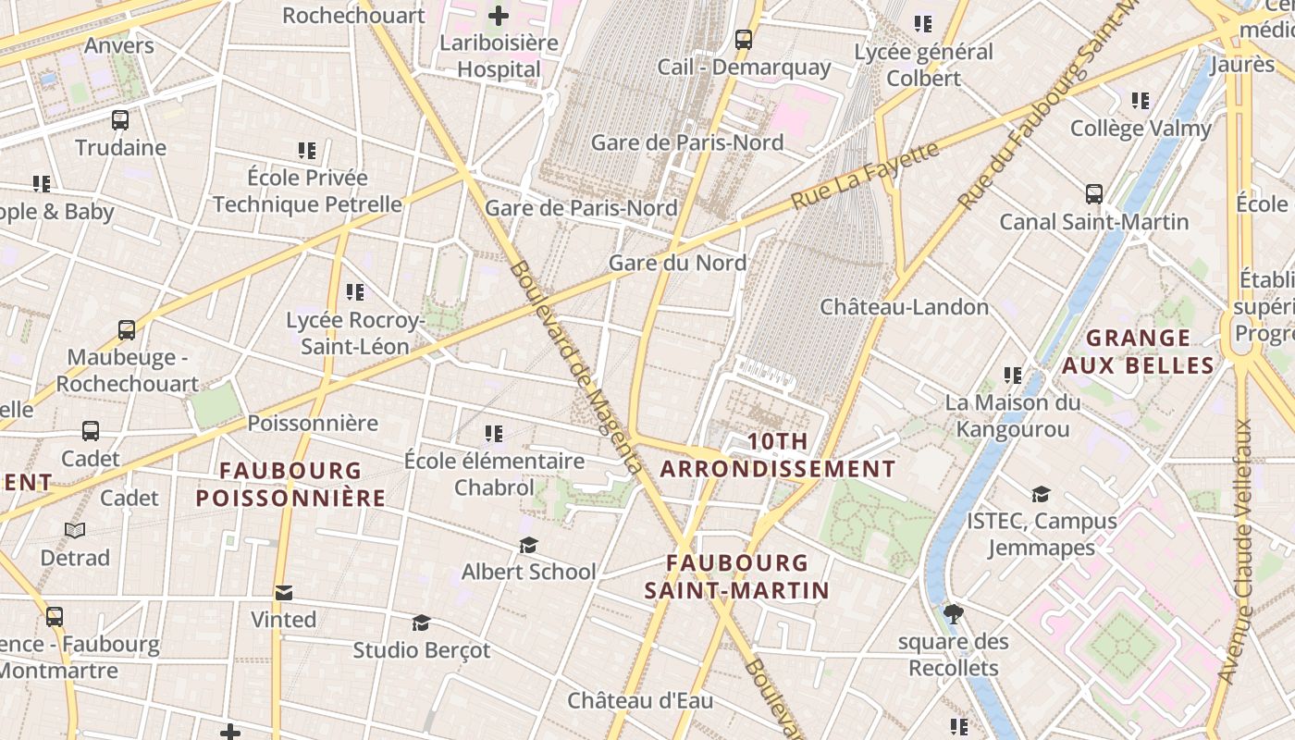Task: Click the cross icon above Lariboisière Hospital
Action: coord(499,15)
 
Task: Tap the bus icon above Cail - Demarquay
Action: coord(744,40)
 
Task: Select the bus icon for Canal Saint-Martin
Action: coord(1094,194)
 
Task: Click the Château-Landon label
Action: coord(905,306)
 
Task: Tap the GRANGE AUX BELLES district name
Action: coord(1138,351)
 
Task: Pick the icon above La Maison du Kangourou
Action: coord(1013,376)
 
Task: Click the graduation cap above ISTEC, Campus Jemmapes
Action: coord(1042,495)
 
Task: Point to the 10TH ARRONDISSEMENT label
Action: coord(778,455)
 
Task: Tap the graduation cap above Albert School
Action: coord(528,545)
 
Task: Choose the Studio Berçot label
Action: coord(422,650)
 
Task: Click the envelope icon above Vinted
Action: coord(284,592)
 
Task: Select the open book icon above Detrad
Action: coord(75,531)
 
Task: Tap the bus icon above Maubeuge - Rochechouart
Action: coord(127,330)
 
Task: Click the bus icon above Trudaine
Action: coord(120,120)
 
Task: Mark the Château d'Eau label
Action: coord(640,700)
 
